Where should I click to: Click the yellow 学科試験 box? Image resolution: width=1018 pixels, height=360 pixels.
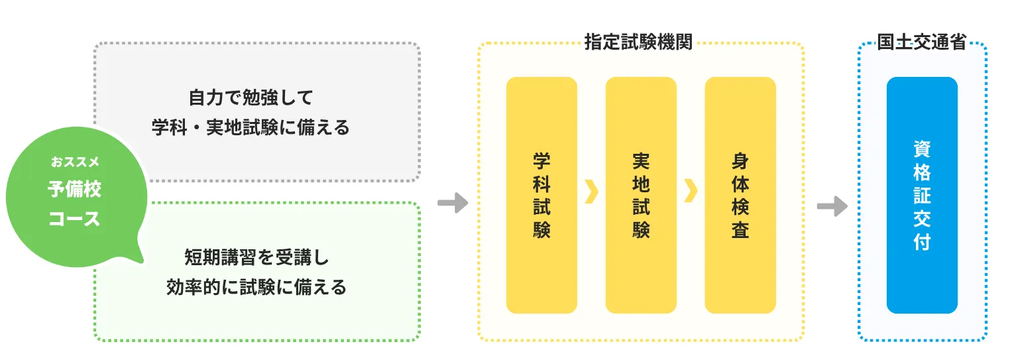pos(541,195)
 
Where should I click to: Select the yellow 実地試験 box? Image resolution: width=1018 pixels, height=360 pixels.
pos(641,195)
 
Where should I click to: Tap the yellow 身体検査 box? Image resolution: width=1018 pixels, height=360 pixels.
pos(740,195)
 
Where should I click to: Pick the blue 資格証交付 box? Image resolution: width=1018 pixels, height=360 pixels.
pos(922,195)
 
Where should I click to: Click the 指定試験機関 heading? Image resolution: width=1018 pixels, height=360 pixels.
pos(638,42)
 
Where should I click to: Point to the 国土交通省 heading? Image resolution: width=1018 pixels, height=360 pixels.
pos(921,42)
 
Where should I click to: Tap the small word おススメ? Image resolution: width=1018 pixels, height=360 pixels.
pos(74,161)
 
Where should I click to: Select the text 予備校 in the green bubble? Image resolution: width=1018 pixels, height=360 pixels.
pos(74,190)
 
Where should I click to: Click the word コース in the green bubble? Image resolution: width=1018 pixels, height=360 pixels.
pos(74,219)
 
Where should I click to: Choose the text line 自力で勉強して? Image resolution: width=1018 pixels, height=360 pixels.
pos(251,97)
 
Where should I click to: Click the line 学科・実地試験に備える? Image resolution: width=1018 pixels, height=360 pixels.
pos(251,127)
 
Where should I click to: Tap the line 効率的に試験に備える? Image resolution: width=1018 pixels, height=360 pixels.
pos(256,287)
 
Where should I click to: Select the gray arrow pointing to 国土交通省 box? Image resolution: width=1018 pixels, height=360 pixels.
pos(832,206)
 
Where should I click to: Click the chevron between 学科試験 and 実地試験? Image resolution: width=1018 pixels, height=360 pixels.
pos(592,191)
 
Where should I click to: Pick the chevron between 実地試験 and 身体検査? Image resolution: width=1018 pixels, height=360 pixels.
pos(691,191)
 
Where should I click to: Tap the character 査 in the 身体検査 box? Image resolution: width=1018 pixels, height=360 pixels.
pos(740,230)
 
